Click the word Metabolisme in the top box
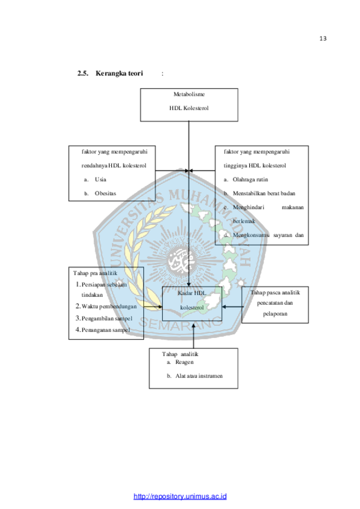pyautogui.click(x=189, y=95)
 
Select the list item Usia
pyautogui.click(x=100, y=179)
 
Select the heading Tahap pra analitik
pyautogui.click(x=95, y=273)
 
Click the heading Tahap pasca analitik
pyautogui.click(x=275, y=292)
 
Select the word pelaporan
pyautogui.click(x=275, y=313)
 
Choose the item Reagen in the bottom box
pyautogui.click(x=184, y=362)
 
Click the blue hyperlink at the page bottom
pyautogui.click(x=181, y=496)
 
